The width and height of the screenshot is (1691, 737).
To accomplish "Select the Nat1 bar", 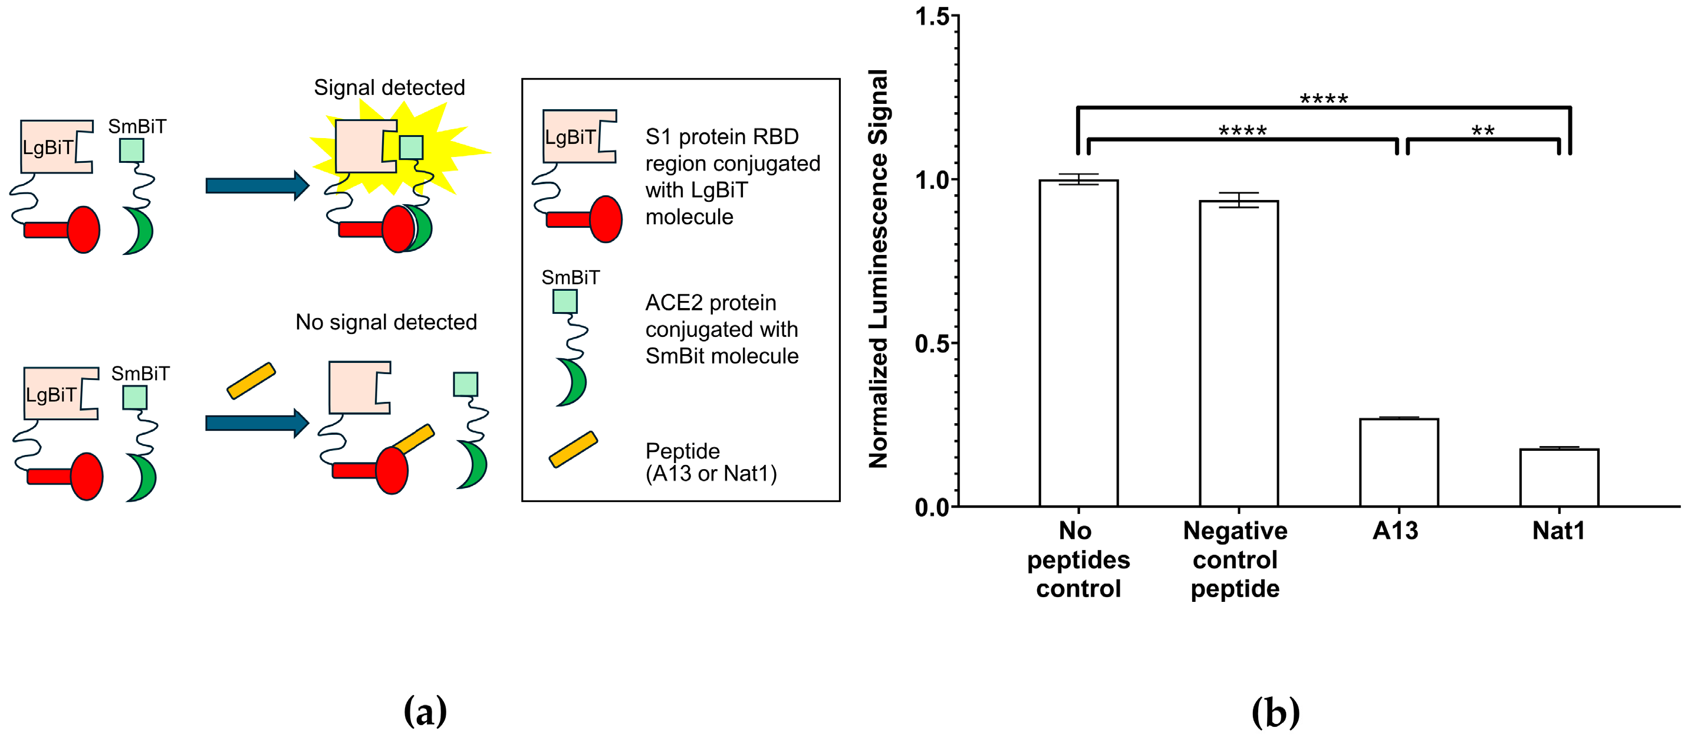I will click(1559, 477).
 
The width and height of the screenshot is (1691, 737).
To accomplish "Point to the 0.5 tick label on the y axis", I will click(932, 343).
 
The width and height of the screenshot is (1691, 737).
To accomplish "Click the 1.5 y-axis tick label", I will click(932, 17).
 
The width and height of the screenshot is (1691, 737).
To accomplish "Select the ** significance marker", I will click(1483, 132).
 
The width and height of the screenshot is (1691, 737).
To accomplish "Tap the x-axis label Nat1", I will click(1558, 530).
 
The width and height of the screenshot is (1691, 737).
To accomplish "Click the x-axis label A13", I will click(1396, 530).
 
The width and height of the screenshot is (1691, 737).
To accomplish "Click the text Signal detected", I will click(389, 87).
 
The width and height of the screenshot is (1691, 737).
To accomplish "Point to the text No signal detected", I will click(386, 322).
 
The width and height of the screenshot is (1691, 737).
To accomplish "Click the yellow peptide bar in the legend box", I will click(573, 449).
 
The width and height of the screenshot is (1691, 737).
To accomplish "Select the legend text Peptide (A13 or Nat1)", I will click(711, 462).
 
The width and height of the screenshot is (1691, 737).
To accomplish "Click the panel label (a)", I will click(425, 712).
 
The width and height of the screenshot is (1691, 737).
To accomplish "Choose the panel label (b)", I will click(1275, 712).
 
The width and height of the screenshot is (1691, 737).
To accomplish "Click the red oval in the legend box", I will click(606, 220).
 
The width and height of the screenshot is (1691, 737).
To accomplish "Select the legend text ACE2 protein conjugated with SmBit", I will click(722, 329).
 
